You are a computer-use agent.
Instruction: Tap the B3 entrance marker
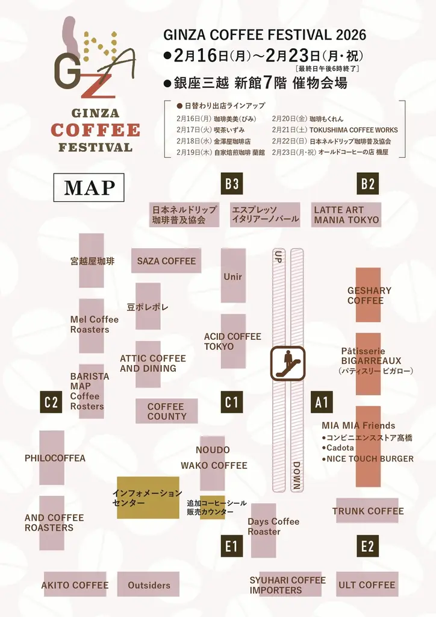pyautogui.click(x=232, y=184)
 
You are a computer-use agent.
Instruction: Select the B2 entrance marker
pyautogui.click(x=368, y=184)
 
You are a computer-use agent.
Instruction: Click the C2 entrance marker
pyautogui.click(x=51, y=402)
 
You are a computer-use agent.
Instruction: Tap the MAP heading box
pyautogui.click(x=89, y=188)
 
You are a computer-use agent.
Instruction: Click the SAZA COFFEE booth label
pyautogui.click(x=166, y=261)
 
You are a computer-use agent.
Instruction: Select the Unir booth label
pyautogui.click(x=232, y=277)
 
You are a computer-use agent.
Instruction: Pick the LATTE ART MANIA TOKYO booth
pyautogui.click(x=346, y=215)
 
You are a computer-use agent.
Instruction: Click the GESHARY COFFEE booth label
pyautogui.click(x=369, y=295)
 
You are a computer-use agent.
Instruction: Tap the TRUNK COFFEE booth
pyautogui.click(x=367, y=511)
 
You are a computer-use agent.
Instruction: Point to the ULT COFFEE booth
pyautogui.click(x=367, y=584)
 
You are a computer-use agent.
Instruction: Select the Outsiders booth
pyautogui.click(x=149, y=584)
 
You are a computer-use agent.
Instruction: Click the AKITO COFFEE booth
pyautogui.click(x=75, y=584)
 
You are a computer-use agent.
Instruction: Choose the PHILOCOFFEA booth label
pyautogui.click(x=54, y=458)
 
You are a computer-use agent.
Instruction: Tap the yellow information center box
pyautogui.click(x=148, y=498)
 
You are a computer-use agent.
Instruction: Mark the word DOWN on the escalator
pyautogui.click(x=296, y=475)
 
